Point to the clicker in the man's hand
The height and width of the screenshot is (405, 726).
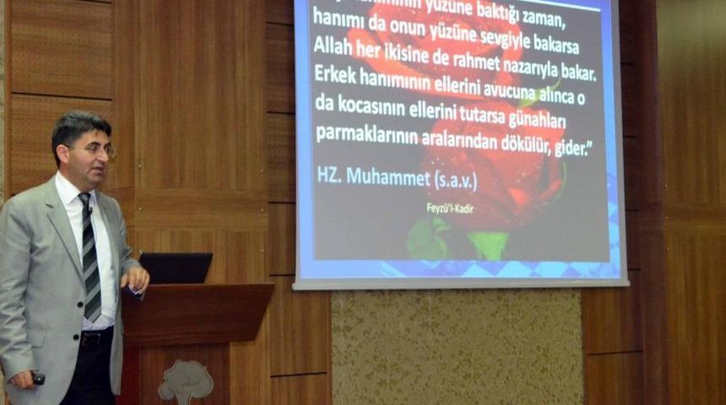tap(37, 379)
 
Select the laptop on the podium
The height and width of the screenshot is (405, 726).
tap(176, 268)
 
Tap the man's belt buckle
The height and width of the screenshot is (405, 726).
tap(84, 338)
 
